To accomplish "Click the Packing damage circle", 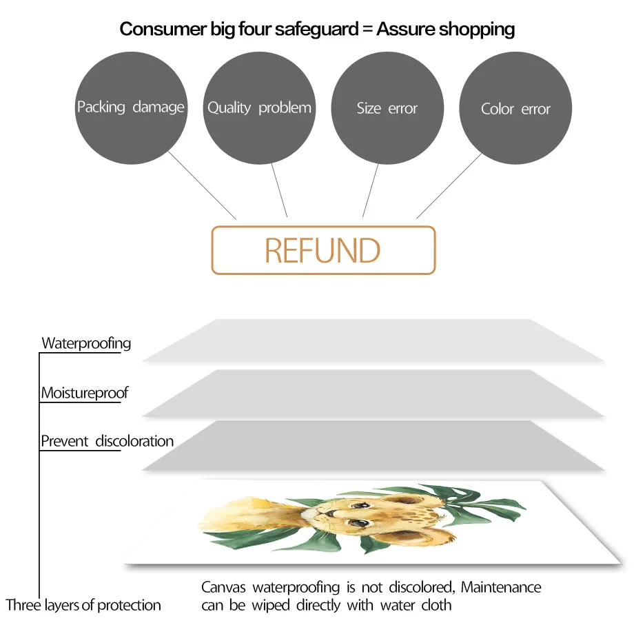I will point(131,108).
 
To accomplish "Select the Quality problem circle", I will point(259,108).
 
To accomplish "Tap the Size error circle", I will point(387,108).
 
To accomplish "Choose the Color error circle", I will point(515,108).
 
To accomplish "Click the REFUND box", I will point(323,250).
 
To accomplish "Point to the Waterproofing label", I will point(86,343).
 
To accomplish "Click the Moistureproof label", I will point(84,393).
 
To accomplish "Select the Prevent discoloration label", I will point(107,441).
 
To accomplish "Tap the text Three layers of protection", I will point(83,606).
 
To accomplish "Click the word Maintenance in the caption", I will point(501,588).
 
